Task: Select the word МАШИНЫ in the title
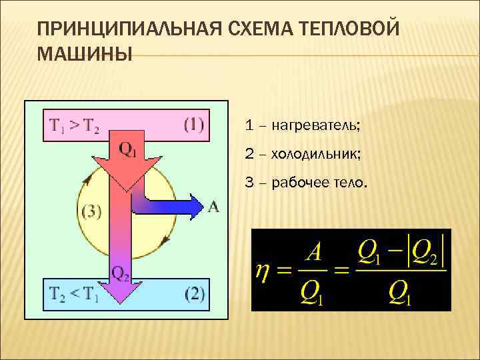[x=85, y=53]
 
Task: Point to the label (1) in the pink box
[x=193, y=125]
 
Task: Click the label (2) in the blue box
[x=193, y=294]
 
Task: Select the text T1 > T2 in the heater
[x=74, y=126]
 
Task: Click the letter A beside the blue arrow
[x=213, y=207]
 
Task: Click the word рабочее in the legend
[x=300, y=183]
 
